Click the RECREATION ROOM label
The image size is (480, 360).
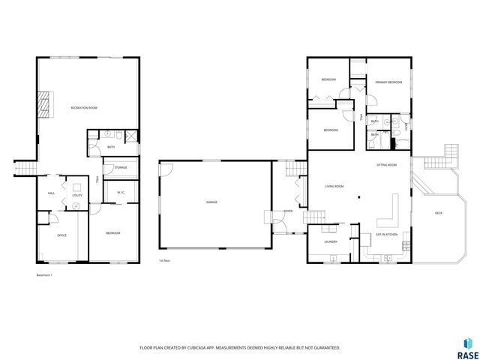pyautogui.click(x=84, y=108)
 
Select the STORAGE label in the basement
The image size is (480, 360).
pyautogui.click(x=120, y=167)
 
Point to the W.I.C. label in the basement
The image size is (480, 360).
pyautogui.click(x=120, y=193)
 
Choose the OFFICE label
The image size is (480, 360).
pyautogui.click(x=62, y=235)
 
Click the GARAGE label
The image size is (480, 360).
pyautogui.click(x=212, y=202)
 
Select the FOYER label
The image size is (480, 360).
pyautogui.click(x=287, y=212)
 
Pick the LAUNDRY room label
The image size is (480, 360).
pyautogui.click(x=330, y=241)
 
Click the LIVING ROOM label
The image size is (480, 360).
pyautogui.click(x=334, y=185)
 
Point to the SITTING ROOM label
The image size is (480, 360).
pyautogui.click(x=386, y=164)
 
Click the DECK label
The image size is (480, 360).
pyautogui.click(x=438, y=213)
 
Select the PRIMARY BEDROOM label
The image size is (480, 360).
pyautogui.click(x=389, y=82)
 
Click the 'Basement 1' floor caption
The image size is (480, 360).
pyautogui.click(x=46, y=275)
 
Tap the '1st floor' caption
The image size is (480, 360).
pyautogui.click(x=163, y=260)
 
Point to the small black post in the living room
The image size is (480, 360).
pyautogui.click(x=359, y=197)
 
